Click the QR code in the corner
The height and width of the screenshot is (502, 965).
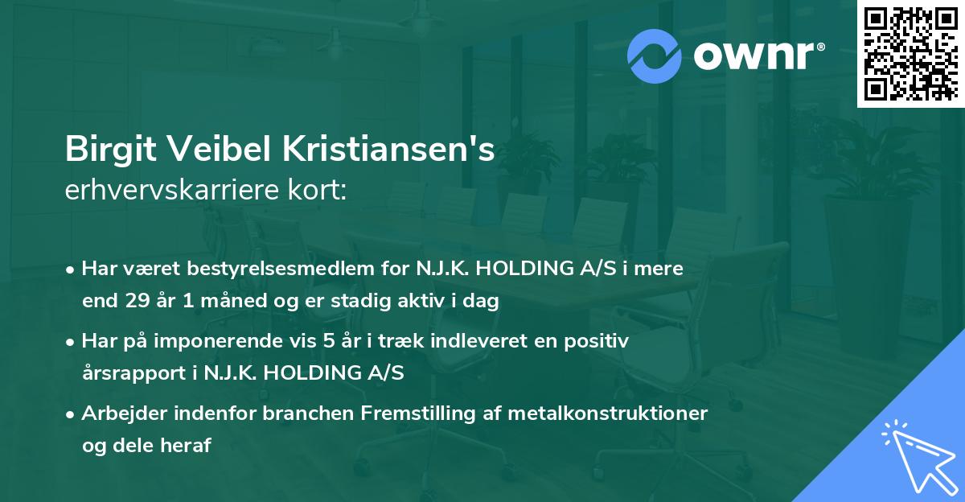click(x=911, y=53)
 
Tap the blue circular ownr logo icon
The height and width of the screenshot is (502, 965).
click(x=653, y=56)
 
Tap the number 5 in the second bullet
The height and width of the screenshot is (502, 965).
click(x=328, y=341)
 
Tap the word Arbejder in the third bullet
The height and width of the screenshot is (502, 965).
click(x=120, y=414)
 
